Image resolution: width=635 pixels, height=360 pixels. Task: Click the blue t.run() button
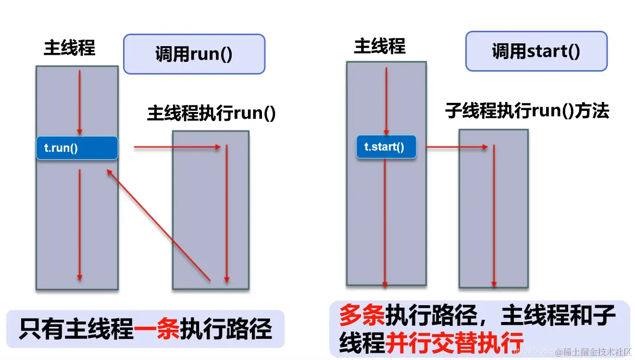pyautogui.click(x=77, y=148)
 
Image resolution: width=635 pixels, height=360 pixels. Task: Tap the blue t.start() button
pyautogui.click(x=386, y=147)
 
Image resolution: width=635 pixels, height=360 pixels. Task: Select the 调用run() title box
pyautogui.click(x=194, y=54)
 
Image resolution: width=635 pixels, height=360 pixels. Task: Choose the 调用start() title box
pyautogui.click(x=536, y=51)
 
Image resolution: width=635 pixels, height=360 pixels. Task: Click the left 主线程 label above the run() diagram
pyautogui.click(x=70, y=48)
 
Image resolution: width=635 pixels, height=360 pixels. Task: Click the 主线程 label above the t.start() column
pyautogui.click(x=380, y=47)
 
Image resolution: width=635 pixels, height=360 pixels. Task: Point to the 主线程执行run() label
pyautogui.click(x=212, y=114)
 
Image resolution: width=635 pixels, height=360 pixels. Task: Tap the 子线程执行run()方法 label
pyautogui.click(x=527, y=111)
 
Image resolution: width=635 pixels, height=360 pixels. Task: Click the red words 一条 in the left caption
pyautogui.click(x=157, y=329)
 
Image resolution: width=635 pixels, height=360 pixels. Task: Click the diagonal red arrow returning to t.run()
pyautogui.click(x=159, y=224)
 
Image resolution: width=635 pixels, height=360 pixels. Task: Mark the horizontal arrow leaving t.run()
pyautogui.click(x=178, y=148)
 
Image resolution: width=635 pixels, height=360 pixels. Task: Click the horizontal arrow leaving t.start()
pyautogui.click(x=457, y=147)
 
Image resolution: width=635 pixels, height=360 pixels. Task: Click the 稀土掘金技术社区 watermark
pyautogui.click(x=593, y=352)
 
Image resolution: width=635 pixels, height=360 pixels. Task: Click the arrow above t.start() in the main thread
pyautogui.click(x=386, y=101)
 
